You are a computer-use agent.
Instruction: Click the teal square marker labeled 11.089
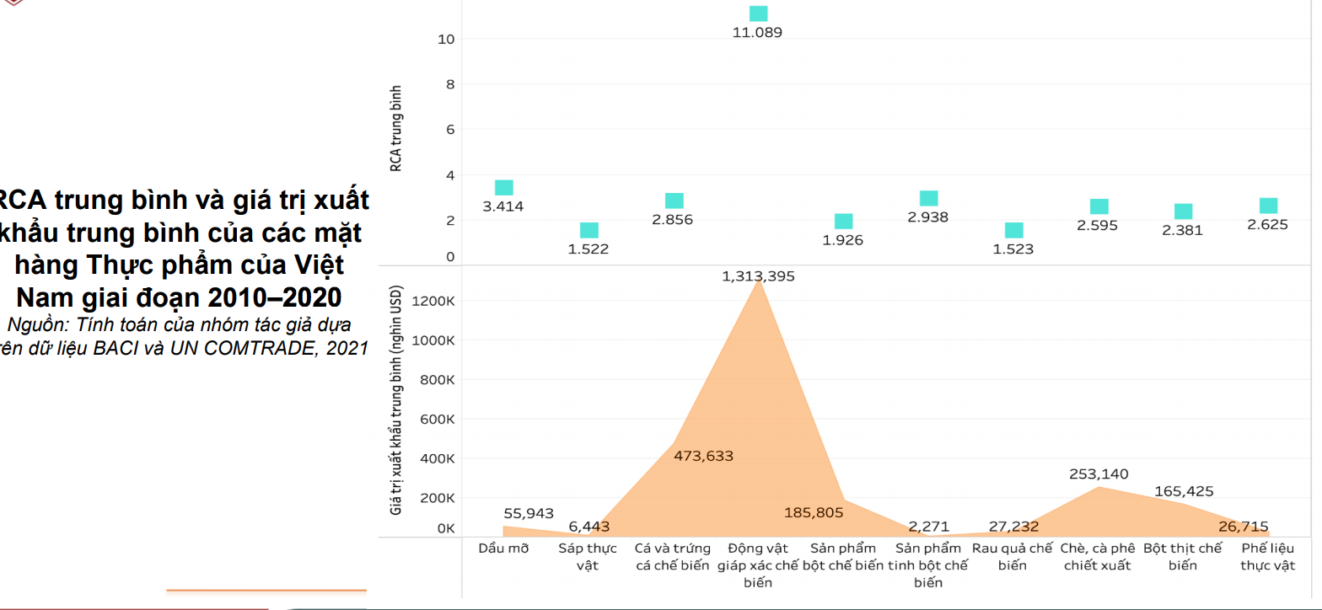758,13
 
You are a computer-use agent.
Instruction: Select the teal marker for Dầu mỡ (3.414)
504,188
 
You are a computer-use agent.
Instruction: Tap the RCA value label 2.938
928,217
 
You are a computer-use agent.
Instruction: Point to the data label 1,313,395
758,276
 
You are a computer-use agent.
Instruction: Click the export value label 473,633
704,456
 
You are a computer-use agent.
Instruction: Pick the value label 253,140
1099,474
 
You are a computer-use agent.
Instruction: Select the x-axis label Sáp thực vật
588,557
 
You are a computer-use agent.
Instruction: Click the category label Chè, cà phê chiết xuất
1098,557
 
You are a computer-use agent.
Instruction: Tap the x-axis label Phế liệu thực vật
1267,557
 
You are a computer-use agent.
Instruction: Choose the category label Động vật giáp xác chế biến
758,565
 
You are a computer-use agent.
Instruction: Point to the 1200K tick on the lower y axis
436,301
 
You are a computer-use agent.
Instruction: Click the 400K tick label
438,458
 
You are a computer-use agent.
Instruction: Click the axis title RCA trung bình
395,129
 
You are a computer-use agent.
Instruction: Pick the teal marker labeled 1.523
1013,231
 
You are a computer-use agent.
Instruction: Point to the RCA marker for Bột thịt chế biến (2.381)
1183,211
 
